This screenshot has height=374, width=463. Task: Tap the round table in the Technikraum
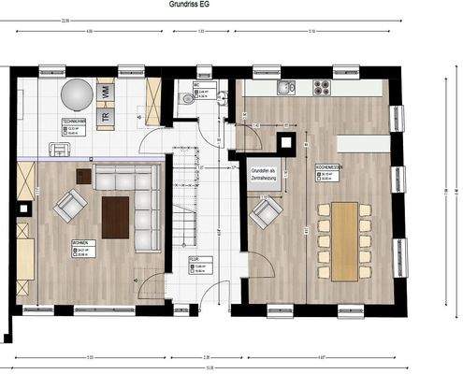[77, 94]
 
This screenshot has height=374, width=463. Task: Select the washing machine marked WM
[105, 92]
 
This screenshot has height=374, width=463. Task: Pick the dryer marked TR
[105, 115]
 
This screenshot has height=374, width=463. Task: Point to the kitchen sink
[286, 88]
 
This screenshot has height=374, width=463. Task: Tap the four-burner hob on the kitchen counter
[322, 88]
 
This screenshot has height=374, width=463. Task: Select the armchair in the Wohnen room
[70, 205]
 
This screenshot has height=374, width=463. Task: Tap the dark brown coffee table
[115, 217]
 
